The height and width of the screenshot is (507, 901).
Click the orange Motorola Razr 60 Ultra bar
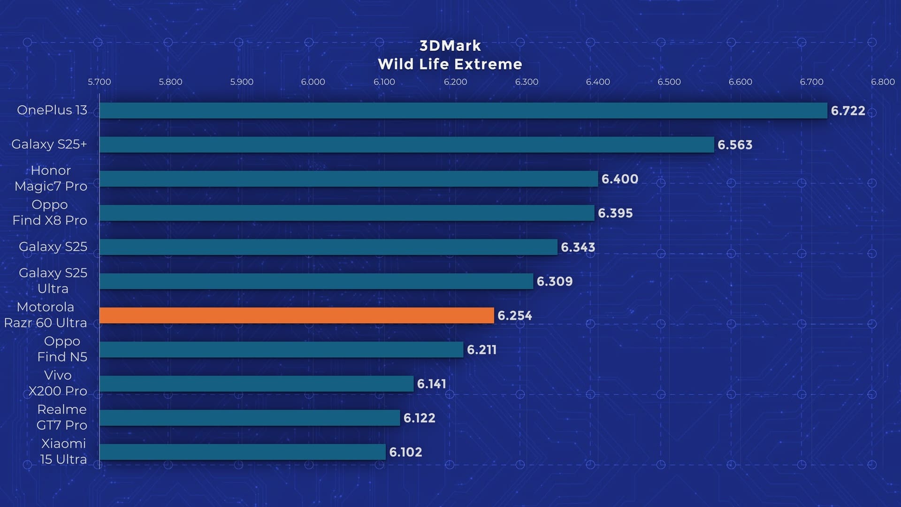pyautogui.click(x=297, y=315)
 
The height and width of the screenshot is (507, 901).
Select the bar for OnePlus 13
pyautogui.click(x=463, y=111)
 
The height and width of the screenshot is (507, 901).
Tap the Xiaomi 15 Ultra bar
pyautogui.click(x=243, y=452)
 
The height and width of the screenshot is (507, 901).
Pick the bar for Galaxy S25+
pyautogui.click(x=407, y=145)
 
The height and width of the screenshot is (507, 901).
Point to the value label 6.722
pyautogui.click(x=848, y=111)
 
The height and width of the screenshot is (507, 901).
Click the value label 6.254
pyautogui.click(x=514, y=315)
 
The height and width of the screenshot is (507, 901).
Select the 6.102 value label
pyautogui.click(x=405, y=452)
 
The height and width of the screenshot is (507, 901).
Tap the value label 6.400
pyautogui.click(x=619, y=179)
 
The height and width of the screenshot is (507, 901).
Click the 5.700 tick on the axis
pyautogui.click(x=99, y=82)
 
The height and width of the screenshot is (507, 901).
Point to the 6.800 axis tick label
pyautogui.click(x=883, y=82)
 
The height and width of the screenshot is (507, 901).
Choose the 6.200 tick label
pyautogui.click(x=455, y=82)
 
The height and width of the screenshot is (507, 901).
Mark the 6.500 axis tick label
pyautogui.click(x=669, y=82)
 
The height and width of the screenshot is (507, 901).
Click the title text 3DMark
pyautogui.click(x=450, y=46)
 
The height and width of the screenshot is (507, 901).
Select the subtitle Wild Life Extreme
pyautogui.click(x=450, y=64)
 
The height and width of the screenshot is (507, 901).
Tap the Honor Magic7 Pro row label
pyautogui.click(x=51, y=178)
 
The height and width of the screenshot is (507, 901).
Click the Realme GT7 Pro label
pyautogui.click(x=62, y=417)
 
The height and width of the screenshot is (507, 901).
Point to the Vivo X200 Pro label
pyautogui.click(x=58, y=383)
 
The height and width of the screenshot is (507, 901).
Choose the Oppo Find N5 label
pyautogui.click(x=62, y=349)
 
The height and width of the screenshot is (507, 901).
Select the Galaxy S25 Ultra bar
pyautogui.click(x=316, y=281)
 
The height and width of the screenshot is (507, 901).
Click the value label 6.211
pyautogui.click(x=481, y=350)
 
